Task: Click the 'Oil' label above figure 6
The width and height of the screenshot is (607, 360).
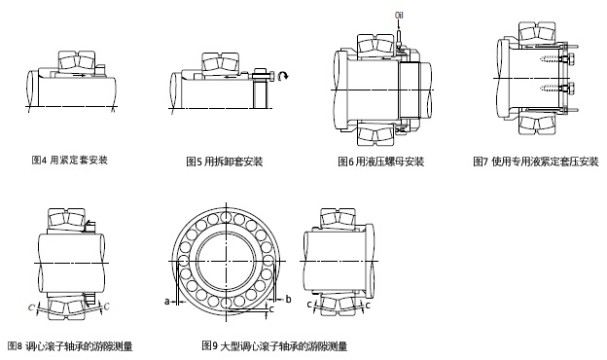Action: click(x=399, y=16)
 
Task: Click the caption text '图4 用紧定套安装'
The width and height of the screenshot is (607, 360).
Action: click(x=70, y=160)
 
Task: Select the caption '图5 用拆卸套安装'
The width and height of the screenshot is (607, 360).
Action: click(x=225, y=162)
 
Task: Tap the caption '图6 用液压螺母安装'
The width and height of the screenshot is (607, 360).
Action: click(x=381, y=162)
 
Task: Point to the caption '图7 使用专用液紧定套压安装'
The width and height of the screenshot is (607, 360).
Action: click(x=536, y=162)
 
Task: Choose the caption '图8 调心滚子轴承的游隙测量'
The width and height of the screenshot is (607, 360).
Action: click(x=70, y=345)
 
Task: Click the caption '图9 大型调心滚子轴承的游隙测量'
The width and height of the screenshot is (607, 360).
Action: click(x=274, y=345)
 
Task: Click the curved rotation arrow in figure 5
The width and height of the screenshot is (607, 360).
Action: click(x=283, y=76)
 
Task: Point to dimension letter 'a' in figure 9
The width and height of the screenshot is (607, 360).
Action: click(x=167, y=301)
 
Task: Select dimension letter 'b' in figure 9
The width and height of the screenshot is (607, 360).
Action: click(x=288, y=299)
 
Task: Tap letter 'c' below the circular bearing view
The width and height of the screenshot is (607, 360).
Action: click(x=271, y=308)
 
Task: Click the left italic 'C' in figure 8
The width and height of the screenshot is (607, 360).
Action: click(x=31, y=307)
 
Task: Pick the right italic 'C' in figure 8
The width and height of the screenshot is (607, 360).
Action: click(x=106, y=306)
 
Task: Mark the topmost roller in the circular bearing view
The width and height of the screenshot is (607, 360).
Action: click(x=226, y=218)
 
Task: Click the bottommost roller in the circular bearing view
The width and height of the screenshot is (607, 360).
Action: click(x=226, y=303)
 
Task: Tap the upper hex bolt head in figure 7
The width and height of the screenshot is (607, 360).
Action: click(x=569, y=59)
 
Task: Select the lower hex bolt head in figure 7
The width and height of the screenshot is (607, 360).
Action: click(x=569, y=90)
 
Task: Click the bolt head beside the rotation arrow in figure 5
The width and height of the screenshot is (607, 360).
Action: click(x=271, y=76)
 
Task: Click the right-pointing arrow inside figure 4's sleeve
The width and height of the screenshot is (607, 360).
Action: click(x=80, y=75)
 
